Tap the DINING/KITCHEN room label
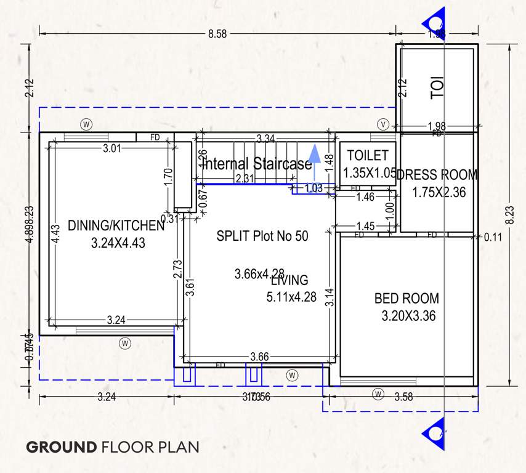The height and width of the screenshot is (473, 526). click(116, 225)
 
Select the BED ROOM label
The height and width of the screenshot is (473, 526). click(407, 299)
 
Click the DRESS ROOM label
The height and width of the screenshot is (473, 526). click(437, 176)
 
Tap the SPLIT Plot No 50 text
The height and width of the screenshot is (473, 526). click(262, 236)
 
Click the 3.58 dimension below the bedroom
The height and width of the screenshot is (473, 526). click(403, 397)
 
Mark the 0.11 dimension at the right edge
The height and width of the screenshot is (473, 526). click(493, 237)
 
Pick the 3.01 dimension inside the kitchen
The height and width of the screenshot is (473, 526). click(111, 148)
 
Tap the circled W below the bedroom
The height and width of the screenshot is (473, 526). click(378, 393)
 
